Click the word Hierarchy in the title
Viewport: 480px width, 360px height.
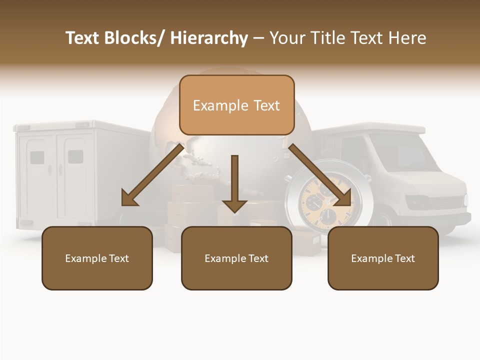point(209,38)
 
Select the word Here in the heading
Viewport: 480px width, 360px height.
point(407,38)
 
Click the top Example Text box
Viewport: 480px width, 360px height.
point(236,105)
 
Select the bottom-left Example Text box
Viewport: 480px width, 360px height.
point(97,258)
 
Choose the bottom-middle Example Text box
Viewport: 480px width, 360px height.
point(236,258)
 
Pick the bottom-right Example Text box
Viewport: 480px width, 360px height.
point(383,258)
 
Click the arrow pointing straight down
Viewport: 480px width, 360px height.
point(234,185)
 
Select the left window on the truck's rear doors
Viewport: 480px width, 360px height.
point(37,158)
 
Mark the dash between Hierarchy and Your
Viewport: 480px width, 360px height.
point(258,38)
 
